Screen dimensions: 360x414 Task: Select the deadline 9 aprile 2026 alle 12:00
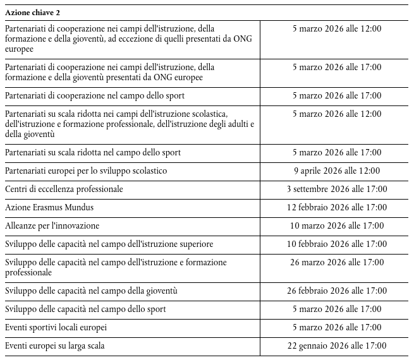coord(337,171)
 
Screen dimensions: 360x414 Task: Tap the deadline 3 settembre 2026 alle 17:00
coord(337,189)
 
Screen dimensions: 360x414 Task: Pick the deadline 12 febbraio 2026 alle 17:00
coord(337,207)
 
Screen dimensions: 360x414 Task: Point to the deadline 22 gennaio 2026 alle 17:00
coord(337,346)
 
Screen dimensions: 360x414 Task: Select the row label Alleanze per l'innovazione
coord(52,225)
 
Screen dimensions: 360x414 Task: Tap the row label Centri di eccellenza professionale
coord(64,189)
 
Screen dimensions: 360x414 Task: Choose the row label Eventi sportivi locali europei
coord(56,328)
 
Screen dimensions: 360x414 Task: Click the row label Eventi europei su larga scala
coord(55,346)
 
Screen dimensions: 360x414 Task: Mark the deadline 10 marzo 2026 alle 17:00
coord(337,225)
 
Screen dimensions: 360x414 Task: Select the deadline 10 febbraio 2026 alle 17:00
coord(337,244)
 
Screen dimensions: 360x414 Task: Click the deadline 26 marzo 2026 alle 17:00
coord(337,262)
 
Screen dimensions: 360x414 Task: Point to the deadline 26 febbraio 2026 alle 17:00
coord(337,291)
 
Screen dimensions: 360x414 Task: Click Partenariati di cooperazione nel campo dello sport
coord(95,96)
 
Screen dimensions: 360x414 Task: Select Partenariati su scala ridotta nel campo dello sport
coord(93,152)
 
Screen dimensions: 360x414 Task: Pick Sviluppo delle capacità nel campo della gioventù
coord(91,291)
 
